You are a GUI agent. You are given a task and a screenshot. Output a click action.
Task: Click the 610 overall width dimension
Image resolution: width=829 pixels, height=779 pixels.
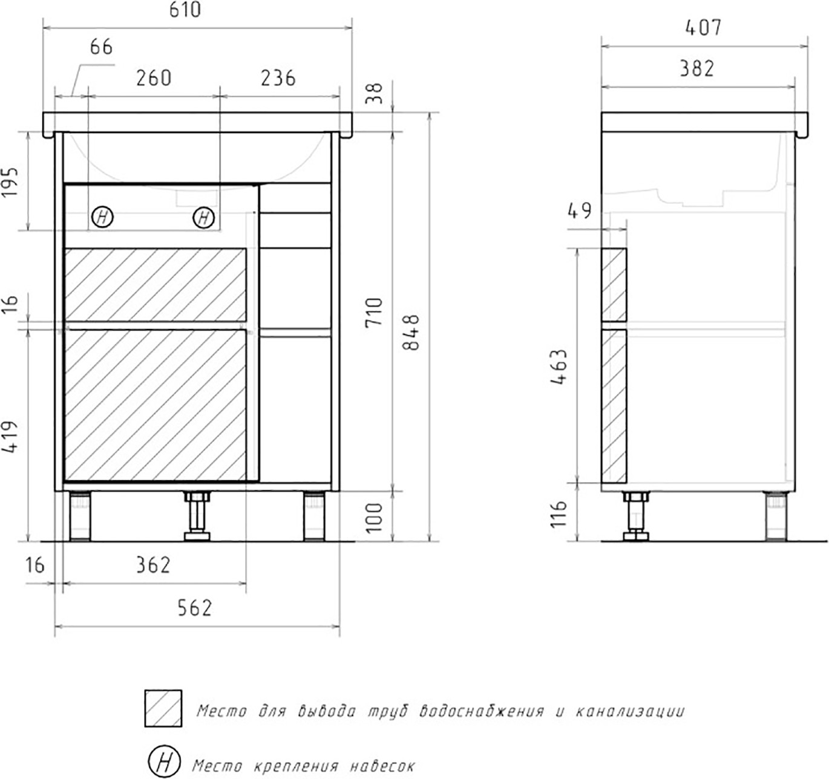185,10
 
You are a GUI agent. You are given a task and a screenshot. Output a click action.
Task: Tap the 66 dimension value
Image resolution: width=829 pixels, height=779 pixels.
101,47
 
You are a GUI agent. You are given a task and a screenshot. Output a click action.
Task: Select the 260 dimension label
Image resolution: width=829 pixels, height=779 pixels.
154,78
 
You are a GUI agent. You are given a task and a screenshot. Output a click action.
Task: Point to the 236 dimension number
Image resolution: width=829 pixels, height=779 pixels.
278,78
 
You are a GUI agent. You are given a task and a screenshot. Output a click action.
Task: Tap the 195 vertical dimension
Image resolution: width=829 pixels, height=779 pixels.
11,182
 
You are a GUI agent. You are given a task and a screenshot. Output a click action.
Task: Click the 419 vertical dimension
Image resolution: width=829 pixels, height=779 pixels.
11,437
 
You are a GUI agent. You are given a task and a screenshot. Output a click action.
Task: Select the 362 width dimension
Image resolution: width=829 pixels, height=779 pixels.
153,566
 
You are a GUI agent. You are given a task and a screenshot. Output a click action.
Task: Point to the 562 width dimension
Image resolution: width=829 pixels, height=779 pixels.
195,608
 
